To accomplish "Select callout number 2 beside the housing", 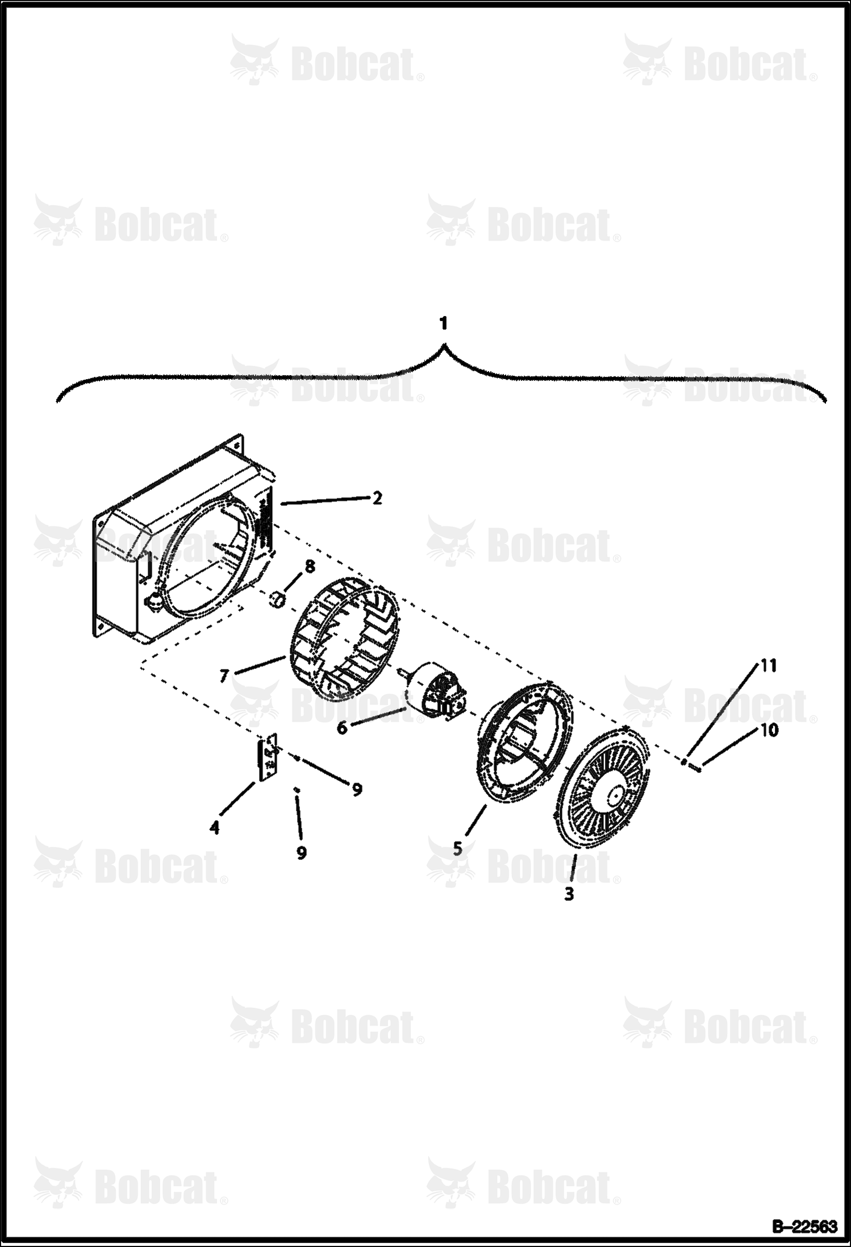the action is pos(377,498).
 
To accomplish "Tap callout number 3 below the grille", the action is pos(569,893).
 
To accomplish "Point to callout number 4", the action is pos(214,828).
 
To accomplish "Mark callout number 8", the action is pos(309,566).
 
